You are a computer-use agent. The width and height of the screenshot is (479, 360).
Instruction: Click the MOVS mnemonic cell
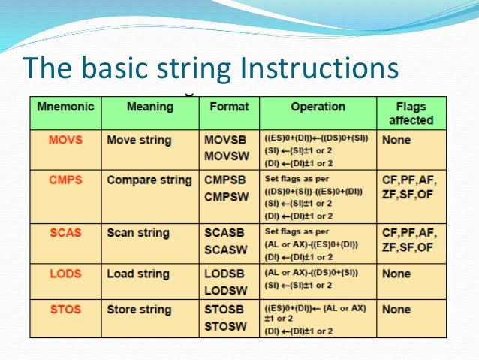[x=65, y=141]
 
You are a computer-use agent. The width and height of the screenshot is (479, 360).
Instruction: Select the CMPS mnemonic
[x=65, y=180]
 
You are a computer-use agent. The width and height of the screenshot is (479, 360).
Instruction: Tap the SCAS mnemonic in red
[x=65, y=234]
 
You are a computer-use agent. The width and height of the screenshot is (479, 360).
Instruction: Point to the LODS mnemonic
[x=65, y=274]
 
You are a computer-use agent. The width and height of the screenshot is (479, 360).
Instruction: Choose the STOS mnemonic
[x=65, y=310]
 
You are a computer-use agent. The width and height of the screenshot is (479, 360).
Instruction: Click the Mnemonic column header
[x=65, y=107]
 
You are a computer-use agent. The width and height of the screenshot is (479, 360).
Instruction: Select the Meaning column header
[x=149, y=107]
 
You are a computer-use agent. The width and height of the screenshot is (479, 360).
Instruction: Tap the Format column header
[x=228, y=107]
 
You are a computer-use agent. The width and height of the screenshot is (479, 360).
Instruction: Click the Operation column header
[x=318, y=107]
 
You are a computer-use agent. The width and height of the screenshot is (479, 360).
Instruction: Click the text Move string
[x=139, y=141]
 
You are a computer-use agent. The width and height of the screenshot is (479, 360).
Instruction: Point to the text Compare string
[x=149, y=180]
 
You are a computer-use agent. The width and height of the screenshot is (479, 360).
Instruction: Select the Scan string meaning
[x=137, y=234]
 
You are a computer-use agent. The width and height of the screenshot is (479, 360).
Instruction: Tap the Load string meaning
[x=137, y=274]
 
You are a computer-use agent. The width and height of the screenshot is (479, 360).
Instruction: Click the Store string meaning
[x=139, y=310]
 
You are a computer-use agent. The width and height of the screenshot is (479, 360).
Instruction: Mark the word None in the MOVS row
[x=396, y=141]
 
